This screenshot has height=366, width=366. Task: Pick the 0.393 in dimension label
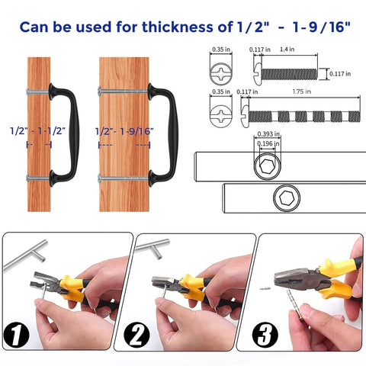point(268,134)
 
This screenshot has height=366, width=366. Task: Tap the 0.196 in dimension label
point(268,145)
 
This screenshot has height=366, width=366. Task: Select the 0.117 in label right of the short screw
point(342,74)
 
